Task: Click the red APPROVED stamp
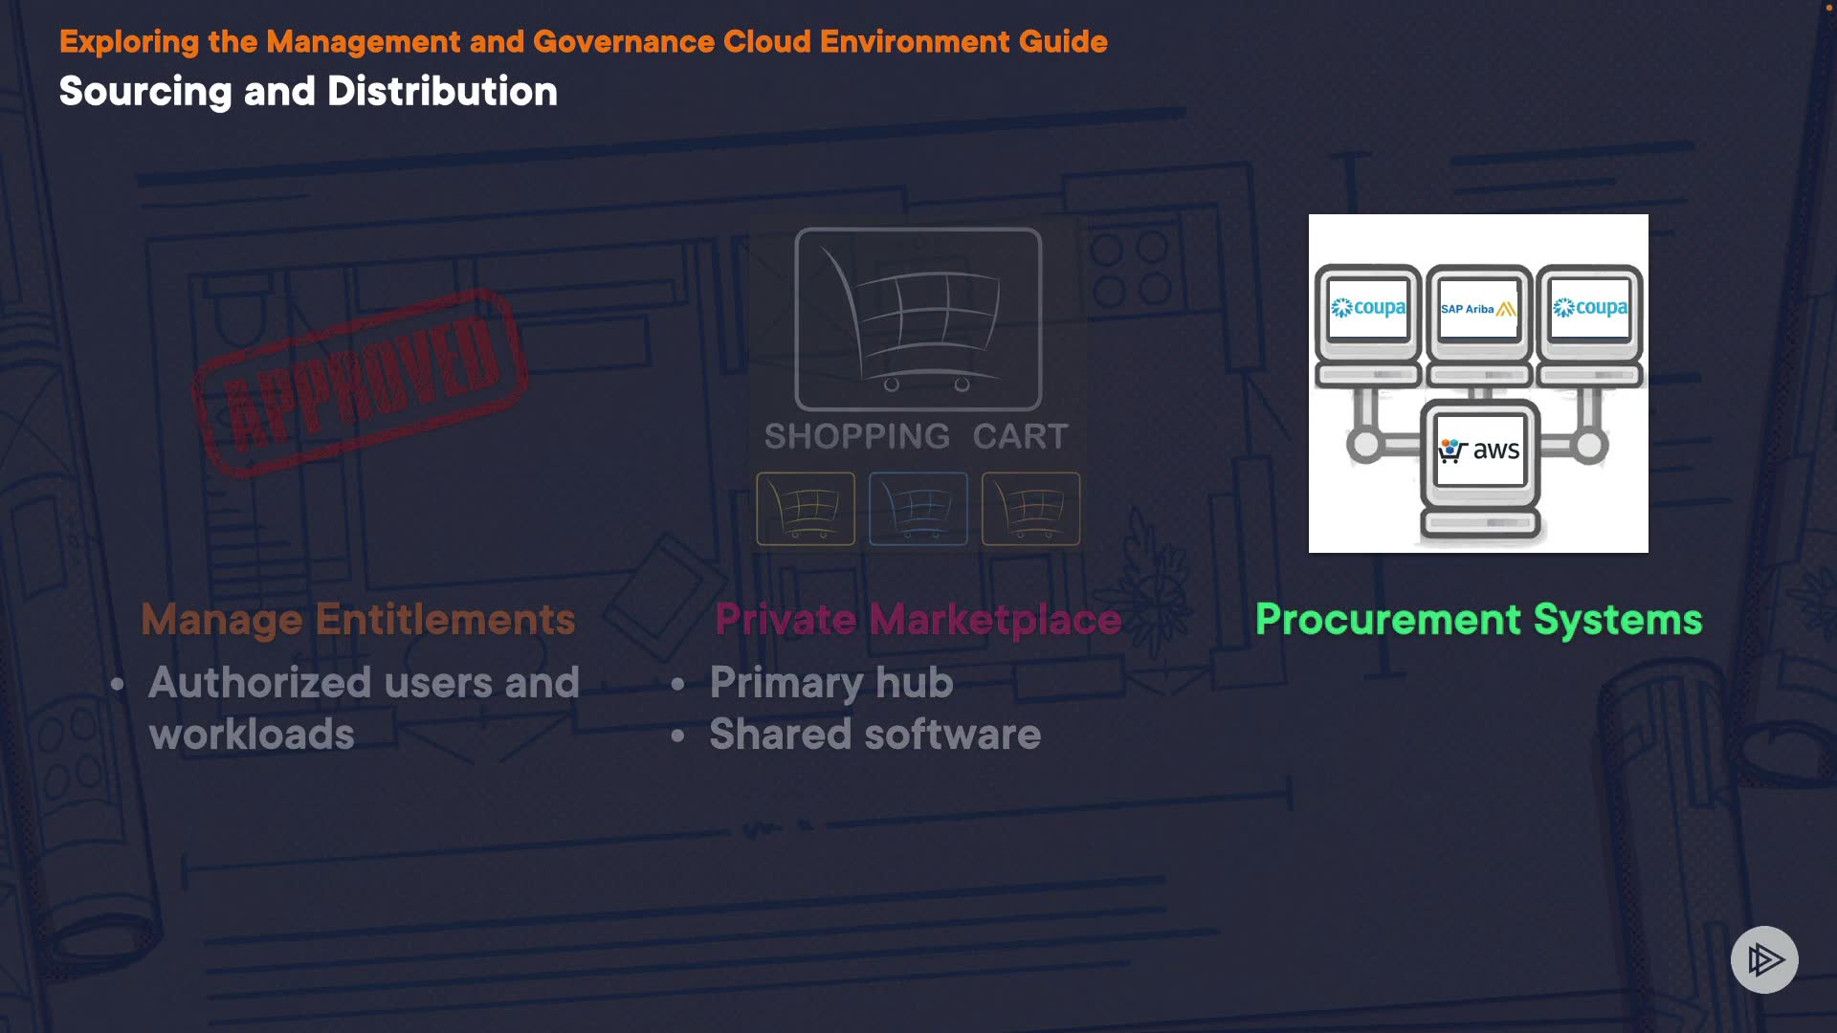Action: tap(361, 382)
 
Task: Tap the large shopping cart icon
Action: tap(918, 319)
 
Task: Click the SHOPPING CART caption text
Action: tap(916, 436)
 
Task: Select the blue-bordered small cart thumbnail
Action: tap(918, 508)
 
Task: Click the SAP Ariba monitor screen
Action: tap(1478, 308)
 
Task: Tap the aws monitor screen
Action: tap(1479, 450)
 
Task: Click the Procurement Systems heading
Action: tap(1478, 619)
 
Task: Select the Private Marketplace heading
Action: tap(918, 619)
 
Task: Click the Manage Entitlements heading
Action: tap(358, 619)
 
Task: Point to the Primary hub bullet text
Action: tap(830, 683)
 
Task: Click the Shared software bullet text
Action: tap(874, 735)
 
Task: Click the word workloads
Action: tap(252, 735)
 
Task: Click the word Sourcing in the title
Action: tap(145, 92)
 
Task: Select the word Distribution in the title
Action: tap(442, 92)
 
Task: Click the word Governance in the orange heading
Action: tap(624, 42)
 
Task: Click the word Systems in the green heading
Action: tap(1618, 619)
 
